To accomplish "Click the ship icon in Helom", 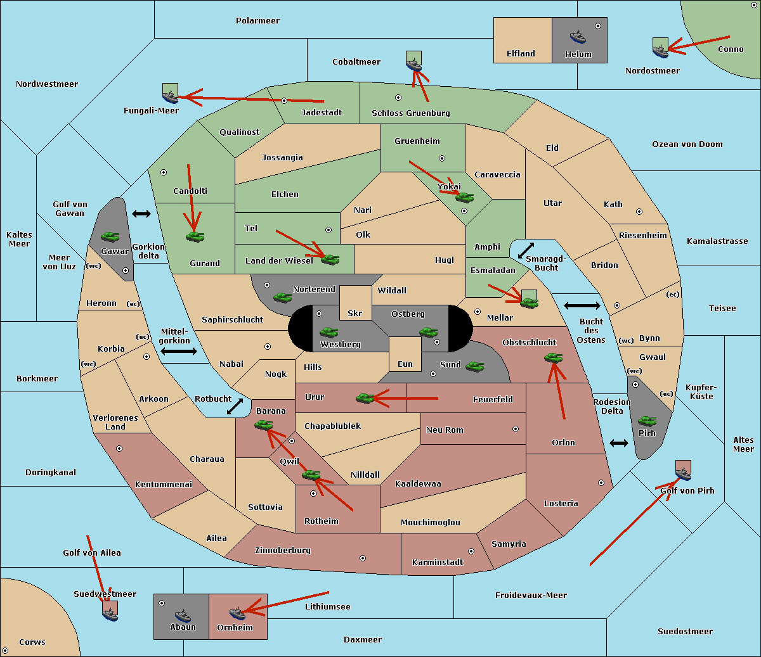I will click(x=578, y=36).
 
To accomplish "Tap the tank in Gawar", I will click(x=110, y=236).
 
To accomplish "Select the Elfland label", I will click(x=521, y=54).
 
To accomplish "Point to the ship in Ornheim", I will click(x=237, y=613).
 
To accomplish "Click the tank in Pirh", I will click(x=647, y=421).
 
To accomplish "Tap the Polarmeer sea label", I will click(x=257, y=21).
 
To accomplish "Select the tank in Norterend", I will click(x=282, y=297).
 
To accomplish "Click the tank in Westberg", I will click(x=328, y=332).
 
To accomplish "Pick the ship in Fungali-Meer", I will click(x=171, y=95).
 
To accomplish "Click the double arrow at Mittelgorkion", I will click(x=179, y=351).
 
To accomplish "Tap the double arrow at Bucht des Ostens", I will click(x=582, y=306).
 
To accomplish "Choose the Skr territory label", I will click(x=355, y=314).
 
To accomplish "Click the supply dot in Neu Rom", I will click(x=516, y=429).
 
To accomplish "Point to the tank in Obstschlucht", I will click(x=553, y=358).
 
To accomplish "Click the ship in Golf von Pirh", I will click(x=683, y=472).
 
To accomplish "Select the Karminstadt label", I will click(x=438, y=563).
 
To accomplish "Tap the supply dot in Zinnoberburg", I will click(x=363, y=558).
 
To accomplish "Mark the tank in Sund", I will click(x=474, y=366).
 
